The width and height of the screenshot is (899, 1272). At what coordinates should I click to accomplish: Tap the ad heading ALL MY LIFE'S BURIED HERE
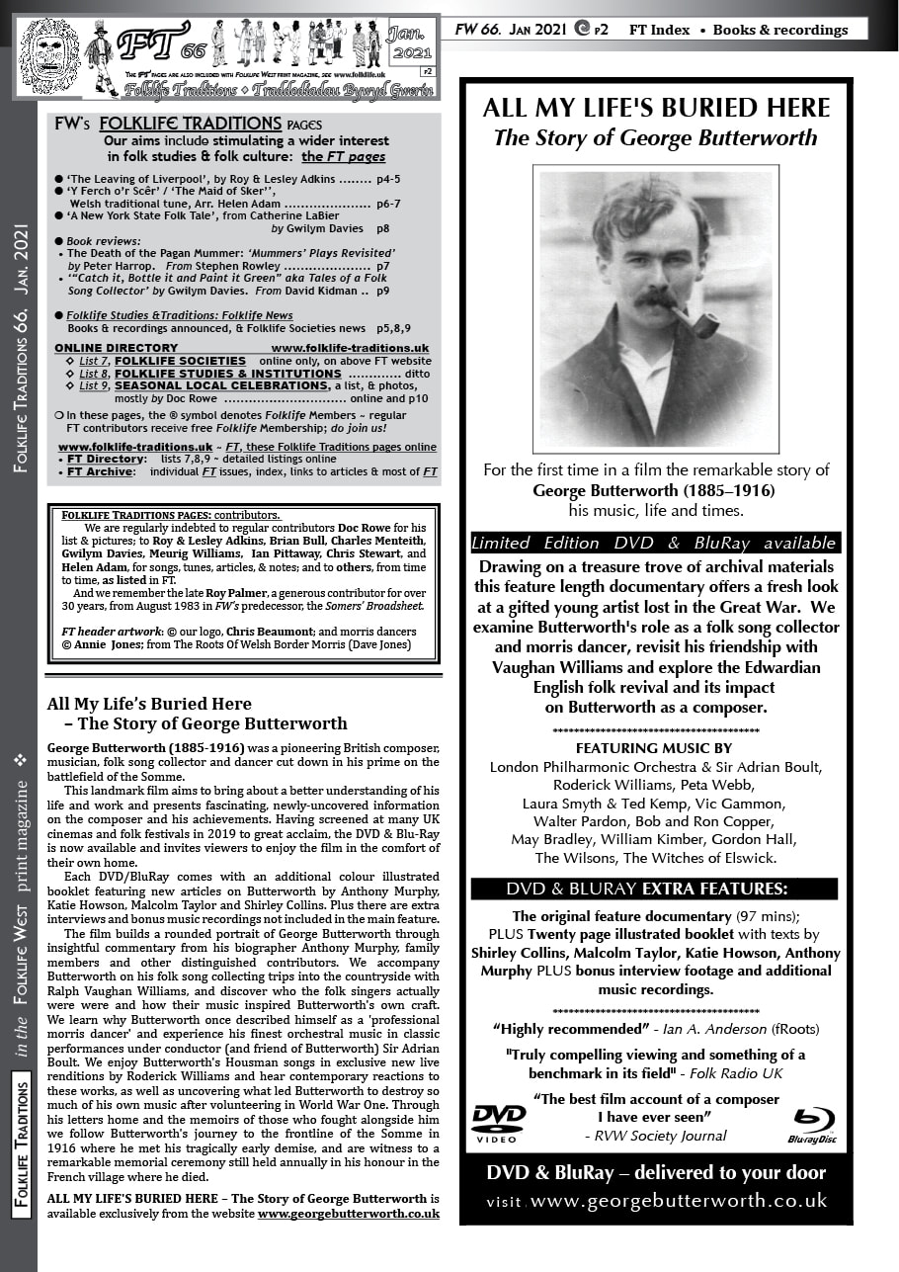(656, 108)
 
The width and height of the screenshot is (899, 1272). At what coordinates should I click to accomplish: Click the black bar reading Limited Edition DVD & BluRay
(655, 543)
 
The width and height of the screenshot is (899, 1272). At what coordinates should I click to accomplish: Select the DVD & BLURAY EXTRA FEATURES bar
(654, 889)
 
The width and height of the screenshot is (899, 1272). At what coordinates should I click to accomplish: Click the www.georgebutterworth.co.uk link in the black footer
(679, 1202)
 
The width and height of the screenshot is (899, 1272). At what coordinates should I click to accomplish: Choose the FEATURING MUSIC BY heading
(654, 747)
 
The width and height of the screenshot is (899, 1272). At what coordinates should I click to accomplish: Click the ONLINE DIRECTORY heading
(116, 348)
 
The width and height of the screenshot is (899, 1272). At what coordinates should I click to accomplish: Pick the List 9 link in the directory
(94, 385)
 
